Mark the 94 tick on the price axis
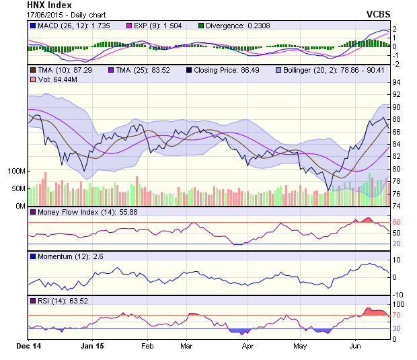point(397,83)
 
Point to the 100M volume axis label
point(15,171)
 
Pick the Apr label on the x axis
point(248,346)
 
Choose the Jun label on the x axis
point(356,346)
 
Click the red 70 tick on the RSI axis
point(397,314)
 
